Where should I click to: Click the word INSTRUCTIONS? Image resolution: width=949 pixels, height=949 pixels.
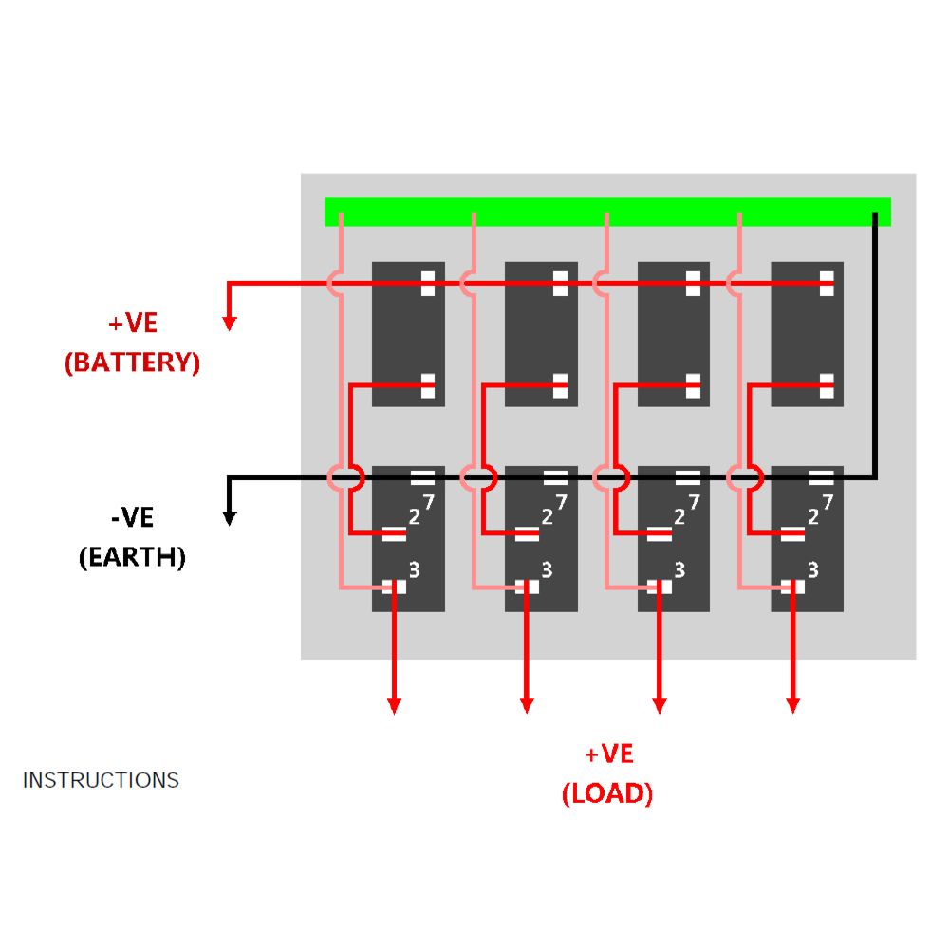pyautogui.click(x=101, y=780)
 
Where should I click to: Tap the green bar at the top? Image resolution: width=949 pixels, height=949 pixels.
pyautogui.click(x=607, y=212)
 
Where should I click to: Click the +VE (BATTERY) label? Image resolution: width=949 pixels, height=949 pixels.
pyautogui.click(x=133, y=343)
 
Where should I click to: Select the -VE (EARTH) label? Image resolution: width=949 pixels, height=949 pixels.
pyautogui.click(x=133, y=537)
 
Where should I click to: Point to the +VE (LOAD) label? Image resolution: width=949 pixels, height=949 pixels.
pyautogui.click(x=607, y=773)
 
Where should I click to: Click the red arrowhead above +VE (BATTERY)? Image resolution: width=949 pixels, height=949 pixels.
pyautogui.click(x=229, y=324)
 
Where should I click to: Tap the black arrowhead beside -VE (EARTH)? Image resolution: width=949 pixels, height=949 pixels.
pyautogui.click(x=229, y=518)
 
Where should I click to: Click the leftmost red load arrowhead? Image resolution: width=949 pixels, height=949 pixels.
pyautogui.click(x=394, y=706)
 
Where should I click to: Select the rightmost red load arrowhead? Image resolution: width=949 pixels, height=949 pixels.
pyautogui.click(x=792, y=706)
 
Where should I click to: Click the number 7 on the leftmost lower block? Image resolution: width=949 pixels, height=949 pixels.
pyautogui.click(x=429, y=502)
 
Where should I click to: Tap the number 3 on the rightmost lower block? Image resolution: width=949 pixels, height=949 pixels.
pyautogui.click(x=813, y=569)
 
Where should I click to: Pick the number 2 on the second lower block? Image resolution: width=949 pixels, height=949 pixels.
pyautogui.click(x=548, y=516)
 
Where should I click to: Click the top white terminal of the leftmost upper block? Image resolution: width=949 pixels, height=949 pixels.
pyautogui.click(x=428, y=283)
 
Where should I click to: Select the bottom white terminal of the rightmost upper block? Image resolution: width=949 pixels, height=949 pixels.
pyautogui.click(x=827, y=385)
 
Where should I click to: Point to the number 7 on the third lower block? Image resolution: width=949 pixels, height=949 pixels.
pyautogui.click(x=695, y=502)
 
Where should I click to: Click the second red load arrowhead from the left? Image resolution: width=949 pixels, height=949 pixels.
pyautogui.click(x=527, y=706)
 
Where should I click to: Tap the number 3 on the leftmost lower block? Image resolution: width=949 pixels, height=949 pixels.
pyautogui.click(x=414, y=569)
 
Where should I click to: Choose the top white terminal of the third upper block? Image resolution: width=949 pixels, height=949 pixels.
pyautogui.click(x=694, y=283)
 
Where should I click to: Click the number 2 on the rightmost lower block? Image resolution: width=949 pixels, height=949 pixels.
pyautogui.click(x=813, y=516)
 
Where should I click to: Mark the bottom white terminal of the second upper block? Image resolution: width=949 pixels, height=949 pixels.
pyautogui.click(x=561, y=385)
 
